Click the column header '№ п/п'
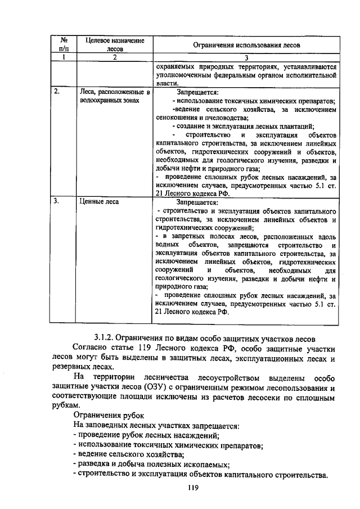(65, 44)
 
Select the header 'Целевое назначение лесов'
(114, 44)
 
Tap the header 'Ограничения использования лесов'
(246, 44)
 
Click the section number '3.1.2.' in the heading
(106, 338)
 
